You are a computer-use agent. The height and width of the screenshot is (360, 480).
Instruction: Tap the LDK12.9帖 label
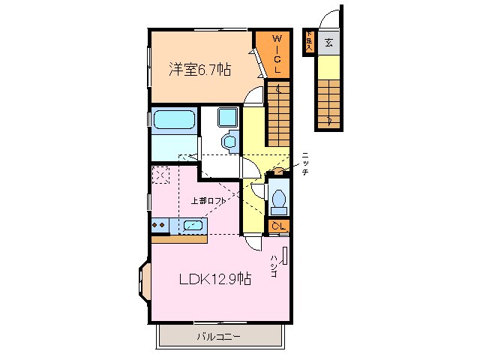214,279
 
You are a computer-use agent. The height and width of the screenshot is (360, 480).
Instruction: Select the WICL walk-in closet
276,54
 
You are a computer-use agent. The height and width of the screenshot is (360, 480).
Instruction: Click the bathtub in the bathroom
174,120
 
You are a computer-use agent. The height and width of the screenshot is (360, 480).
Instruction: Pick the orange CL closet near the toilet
279,226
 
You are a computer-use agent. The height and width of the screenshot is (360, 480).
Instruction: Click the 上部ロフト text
208,201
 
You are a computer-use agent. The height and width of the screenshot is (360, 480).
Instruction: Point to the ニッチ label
304,163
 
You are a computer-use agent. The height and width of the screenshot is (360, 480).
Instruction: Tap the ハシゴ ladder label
274,265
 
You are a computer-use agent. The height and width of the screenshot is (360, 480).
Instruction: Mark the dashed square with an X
160,174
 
